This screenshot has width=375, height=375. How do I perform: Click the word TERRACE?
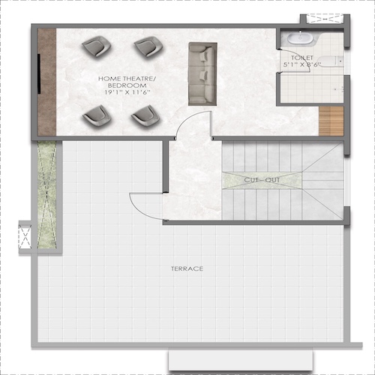point(187,268)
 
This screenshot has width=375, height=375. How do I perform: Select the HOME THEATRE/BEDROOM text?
point(124,82)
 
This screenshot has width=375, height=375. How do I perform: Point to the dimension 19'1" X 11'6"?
point(124,92)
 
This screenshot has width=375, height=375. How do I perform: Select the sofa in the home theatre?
point(202,73)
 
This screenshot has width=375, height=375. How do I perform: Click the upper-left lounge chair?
point(97,46)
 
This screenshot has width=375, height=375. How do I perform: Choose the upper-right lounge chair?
point(148,47)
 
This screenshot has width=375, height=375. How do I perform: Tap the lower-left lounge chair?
point(97,115)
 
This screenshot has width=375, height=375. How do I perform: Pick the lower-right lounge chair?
point(145,115)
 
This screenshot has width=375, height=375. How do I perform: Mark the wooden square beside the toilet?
point(331,121)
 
